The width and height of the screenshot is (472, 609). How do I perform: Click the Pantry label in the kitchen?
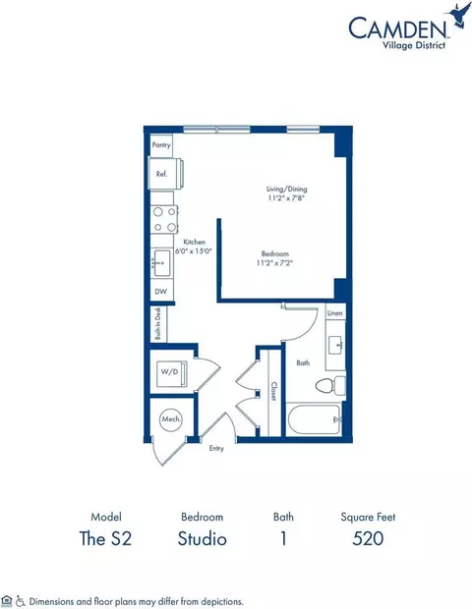click(x=161, y=144)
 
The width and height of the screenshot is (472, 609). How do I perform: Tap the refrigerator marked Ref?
click(x=162, y=174)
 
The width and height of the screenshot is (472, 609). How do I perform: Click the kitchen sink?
click(x=162, y=262)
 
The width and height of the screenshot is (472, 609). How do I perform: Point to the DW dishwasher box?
click(x=159, y=292)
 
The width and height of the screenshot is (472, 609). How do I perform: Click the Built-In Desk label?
click(x=156, y=324)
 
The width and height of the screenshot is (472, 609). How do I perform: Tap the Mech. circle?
click(x=169, y=419)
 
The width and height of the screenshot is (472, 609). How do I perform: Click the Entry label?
click(x=217, y=448)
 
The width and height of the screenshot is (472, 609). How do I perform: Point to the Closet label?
click(x=272, y=391)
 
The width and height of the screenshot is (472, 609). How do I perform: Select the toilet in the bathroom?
click(x=333, y=386)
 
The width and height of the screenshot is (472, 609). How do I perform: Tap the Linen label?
click(x=334, y=313)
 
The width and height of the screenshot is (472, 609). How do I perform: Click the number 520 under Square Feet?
click(x=367, y=538)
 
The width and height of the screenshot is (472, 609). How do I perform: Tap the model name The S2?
click(x=105, y=538)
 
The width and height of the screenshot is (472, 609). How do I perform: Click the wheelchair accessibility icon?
click(x=21, y=598)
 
